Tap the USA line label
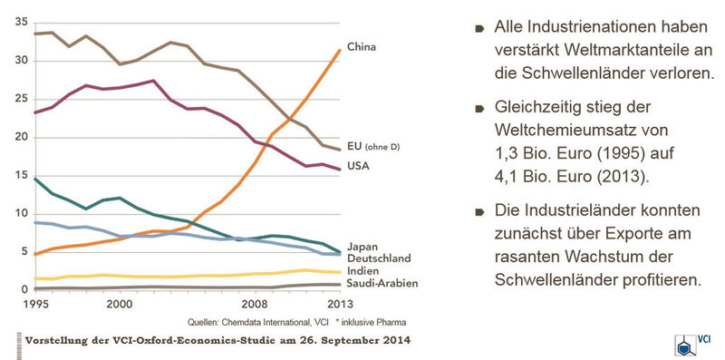[359, 167]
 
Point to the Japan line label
[362, 246]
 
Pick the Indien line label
[364, 271]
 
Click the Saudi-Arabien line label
[382, 284]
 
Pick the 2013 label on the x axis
[338, 304]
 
